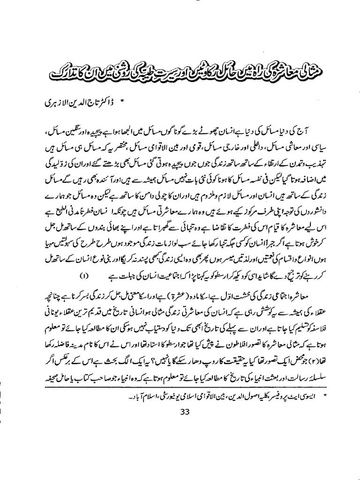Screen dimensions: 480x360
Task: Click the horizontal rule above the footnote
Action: (x=180, y=390)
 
